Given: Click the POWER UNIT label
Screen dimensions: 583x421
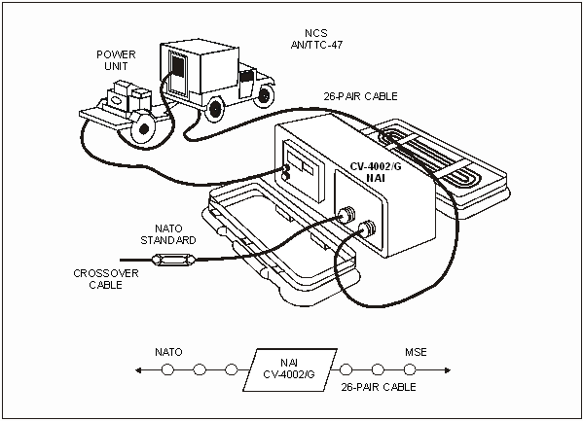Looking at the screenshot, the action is pyautogui.click(x=116, y=60).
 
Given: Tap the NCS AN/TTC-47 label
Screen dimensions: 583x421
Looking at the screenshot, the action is pyautogui.click(x=316, y=39).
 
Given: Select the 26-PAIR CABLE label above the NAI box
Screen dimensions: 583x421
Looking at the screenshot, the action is pyautogui.click(x=360, y=96).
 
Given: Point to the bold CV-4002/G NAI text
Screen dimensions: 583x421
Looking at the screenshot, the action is pyautogui.click(x=376, y=172).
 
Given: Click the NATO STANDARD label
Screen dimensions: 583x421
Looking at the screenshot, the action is pyautogui.click(x=168, y=234).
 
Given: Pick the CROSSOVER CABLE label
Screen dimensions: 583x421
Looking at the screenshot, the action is pyautogui.click(x=106, y=279).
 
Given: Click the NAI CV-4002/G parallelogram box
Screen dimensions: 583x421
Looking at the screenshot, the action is pyautogui.click(x=290, y=369).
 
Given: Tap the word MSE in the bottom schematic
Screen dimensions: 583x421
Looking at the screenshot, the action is pyautogui.click(x=416, y=352).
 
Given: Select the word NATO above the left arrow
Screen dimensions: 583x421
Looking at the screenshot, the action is pyautogui.click(x=168, y=352).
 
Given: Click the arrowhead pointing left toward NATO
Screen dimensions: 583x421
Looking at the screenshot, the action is pyautogui.click(x=138, y=370).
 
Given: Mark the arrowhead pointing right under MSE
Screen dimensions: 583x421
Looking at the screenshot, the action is pyautogui.click(x=448, y=370).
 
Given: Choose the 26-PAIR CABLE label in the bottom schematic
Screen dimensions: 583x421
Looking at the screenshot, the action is pyautogui.click(x=379, y=387).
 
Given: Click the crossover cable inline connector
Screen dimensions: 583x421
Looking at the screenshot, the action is pyautogui.click(x=173, y=260).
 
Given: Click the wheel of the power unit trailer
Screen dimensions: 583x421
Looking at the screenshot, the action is pyautogui.click(x=143, y=127).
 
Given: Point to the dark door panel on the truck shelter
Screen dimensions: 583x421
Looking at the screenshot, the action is pyautogui.click(x=178, y=67).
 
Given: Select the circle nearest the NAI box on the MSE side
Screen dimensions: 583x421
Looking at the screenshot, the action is pyautogui.click(x=346, y=369).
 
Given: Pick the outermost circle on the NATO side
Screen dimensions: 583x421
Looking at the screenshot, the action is pyautogui.click(x=167, y=369).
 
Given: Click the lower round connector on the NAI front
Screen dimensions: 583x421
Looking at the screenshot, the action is pyautogui.click(x=367, y=228).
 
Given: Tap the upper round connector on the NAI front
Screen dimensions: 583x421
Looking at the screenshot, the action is pyautogui.click(x=346, y=214).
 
